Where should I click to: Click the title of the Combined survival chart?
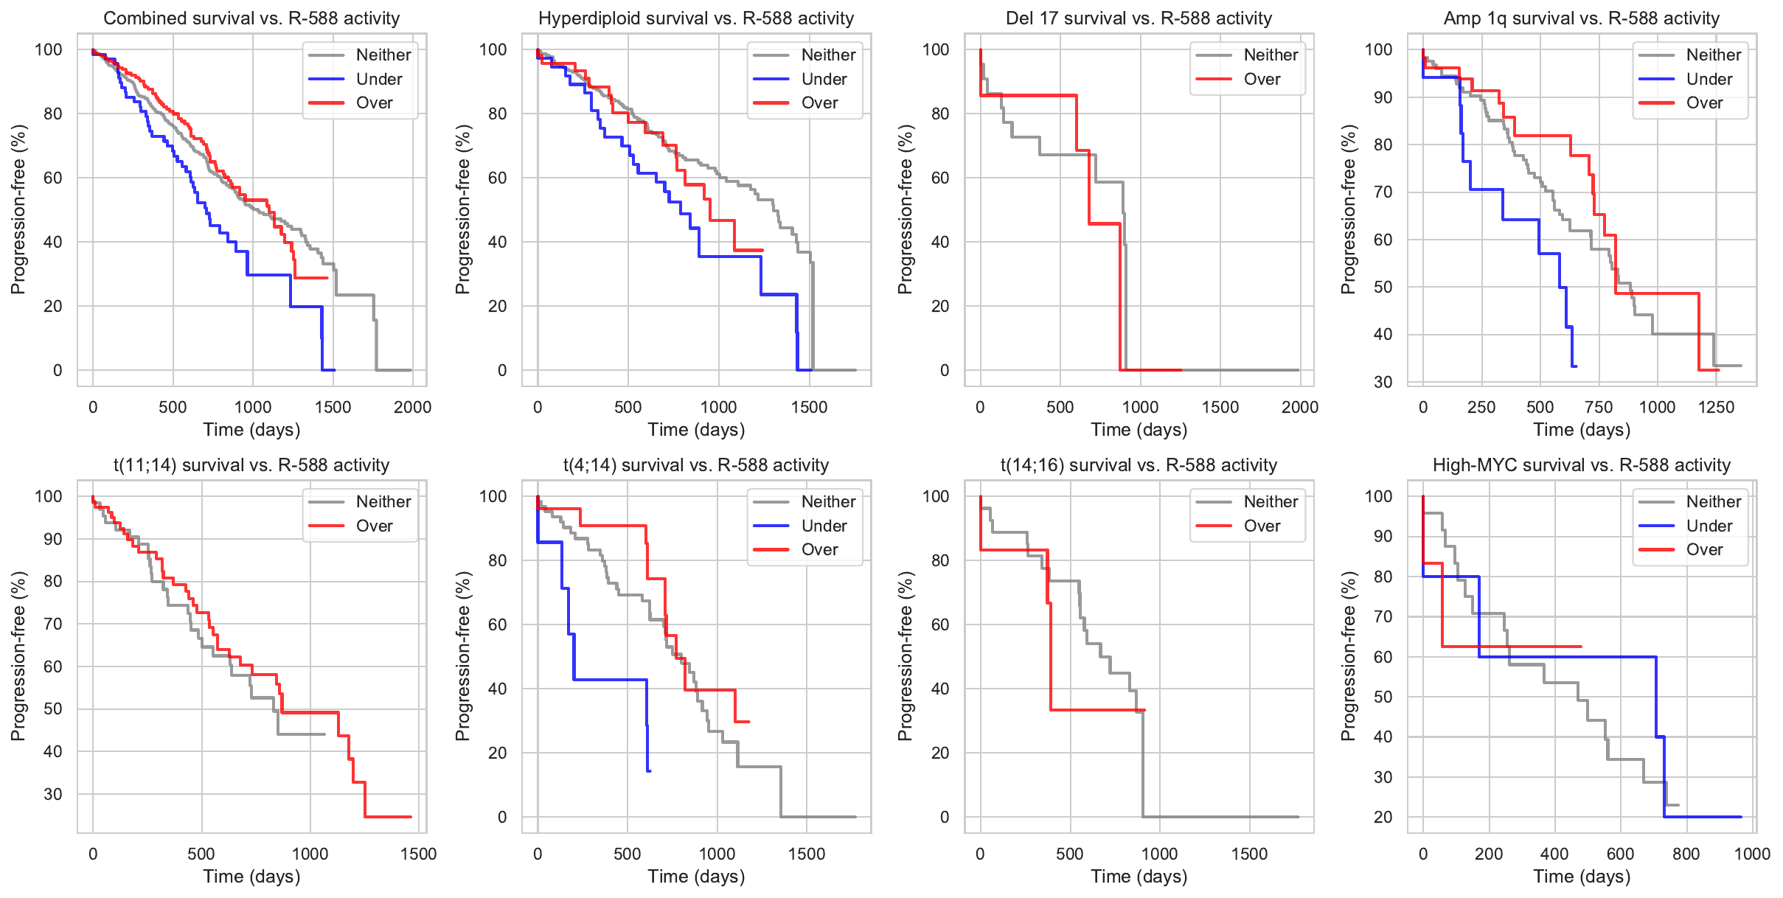251,18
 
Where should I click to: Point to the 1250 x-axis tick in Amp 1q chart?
1716,407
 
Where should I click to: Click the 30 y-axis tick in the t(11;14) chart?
53,794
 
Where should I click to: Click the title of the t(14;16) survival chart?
1139,465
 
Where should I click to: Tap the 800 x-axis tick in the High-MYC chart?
1686,854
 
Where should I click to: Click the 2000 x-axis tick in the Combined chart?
412,407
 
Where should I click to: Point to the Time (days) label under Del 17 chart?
1139,430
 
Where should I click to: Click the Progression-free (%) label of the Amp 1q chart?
1349,209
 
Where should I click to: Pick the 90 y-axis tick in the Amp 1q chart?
1383,97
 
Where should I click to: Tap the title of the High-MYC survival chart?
1581,465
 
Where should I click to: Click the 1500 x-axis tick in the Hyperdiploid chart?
809,407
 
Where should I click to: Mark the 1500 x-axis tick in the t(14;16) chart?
1249,854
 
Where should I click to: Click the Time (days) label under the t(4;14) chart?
696,877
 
